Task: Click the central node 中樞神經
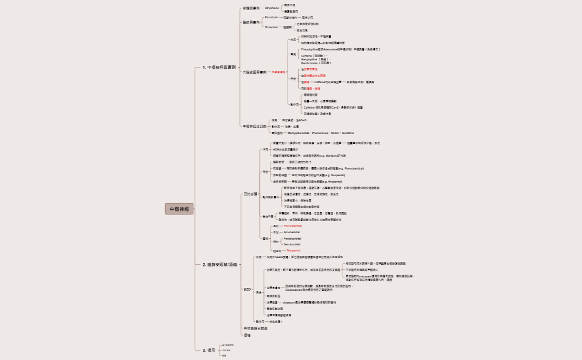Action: [x=179, y=209]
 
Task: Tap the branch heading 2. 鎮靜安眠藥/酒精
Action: [x=221, y=265]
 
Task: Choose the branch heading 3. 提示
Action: [x=209, y=350]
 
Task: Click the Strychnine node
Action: [x=272, y=8]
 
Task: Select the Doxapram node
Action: [x=272, y=27]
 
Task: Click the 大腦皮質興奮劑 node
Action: [x=255, y=72]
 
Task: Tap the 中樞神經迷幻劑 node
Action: [x=254, y=126]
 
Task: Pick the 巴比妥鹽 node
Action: [x=251, y=194]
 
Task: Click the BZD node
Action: [x=247, y=289]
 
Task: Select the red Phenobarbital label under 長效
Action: [x=293, y=226]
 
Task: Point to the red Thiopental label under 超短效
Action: [x=293, y=251]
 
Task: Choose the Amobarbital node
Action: [x=292, y=232]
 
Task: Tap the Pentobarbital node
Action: [x=292, y=238]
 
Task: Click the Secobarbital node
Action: [x=292, y=244]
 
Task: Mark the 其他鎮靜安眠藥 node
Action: [x=256, y=328]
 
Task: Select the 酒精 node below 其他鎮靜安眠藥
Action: [x=247, y=336]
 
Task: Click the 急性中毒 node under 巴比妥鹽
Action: [x=267, y=216]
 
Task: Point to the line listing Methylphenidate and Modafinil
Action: [x=321, y=133]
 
